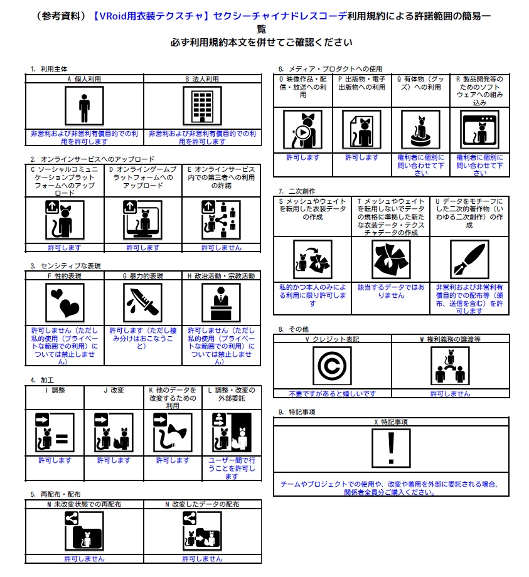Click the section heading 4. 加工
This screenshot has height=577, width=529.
pos(41,380)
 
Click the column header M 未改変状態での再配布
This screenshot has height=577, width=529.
pos(84,504)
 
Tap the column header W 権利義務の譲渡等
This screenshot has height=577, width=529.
pos(450,339)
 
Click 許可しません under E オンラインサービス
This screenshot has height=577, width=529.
pos(221,248)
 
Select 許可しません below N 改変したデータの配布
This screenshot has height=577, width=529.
pos(202,559)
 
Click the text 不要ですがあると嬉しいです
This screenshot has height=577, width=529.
pos(332,394)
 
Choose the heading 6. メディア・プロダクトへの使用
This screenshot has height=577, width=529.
pos(330,68)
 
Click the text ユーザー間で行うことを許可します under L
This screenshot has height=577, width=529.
pos(232,468)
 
